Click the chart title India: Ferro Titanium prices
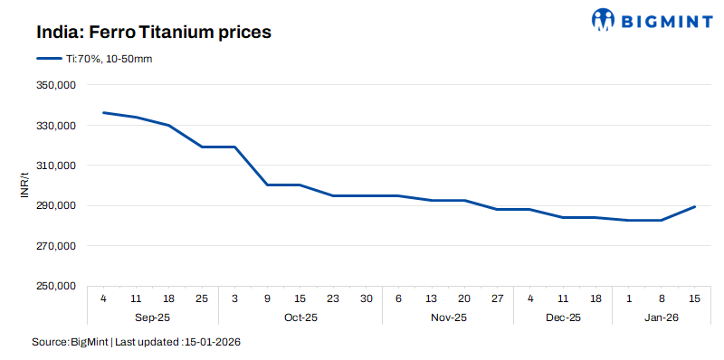click(x=154, y=32)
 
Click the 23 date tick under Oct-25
click(x=333, y=298)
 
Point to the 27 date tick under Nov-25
click(x=497, y=298)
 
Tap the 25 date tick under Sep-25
click(x=202, y=298)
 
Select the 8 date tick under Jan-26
click(x=661, y=298)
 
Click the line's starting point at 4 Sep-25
click(x=104, y=113)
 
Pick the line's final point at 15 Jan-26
click(x=694, y=207)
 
